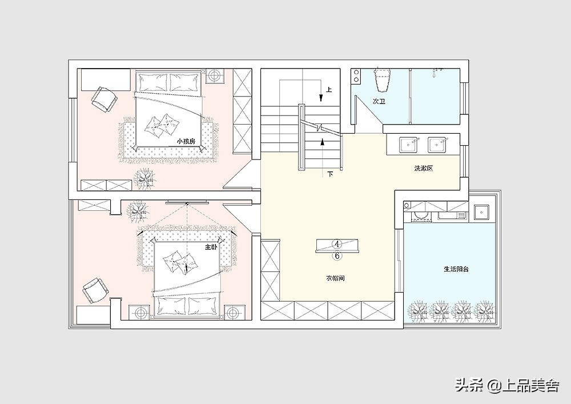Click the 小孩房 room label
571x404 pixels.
tap(186, 141)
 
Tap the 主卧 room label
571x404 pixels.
tap(211, 247)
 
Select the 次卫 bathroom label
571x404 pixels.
tap(379, 101)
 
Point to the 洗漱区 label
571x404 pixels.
tap(424, 169)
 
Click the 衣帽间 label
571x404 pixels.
tap(335, 278)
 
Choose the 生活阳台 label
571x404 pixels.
tap(456, 269)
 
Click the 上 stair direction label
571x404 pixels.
tap(329, 89)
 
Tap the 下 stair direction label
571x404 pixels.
tap(330, 174)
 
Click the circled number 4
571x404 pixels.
tap(337, 243)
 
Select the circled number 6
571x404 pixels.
tap(337, 256)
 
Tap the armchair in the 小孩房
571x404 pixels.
tap(104, 99)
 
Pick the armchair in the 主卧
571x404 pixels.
tap(95, 290)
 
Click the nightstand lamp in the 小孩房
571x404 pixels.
tap(215, 77)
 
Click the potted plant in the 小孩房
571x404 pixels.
tap(145, 178)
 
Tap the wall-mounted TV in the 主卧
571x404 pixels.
tap(187, 202)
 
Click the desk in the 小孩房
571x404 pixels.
tap(106, 80)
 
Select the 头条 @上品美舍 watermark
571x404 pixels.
tap(507, 385)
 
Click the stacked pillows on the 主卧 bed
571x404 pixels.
tap(178, 262)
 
